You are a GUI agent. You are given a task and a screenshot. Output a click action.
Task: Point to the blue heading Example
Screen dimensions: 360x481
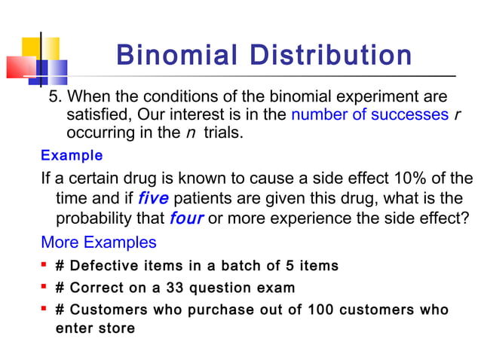pos(72,156)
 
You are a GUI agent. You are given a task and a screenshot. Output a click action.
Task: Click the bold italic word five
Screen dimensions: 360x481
pos(153,199)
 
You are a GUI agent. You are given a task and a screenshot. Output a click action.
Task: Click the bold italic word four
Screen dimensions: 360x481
pos(186,219)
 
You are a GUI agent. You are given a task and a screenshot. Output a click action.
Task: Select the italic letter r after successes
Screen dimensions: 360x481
pos(457,115)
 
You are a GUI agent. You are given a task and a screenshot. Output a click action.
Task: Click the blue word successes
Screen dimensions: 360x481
pos(414,115)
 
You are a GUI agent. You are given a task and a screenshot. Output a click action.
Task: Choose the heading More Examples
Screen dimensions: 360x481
pos(99,243)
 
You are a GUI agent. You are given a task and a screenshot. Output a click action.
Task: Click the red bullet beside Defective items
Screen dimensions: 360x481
pos(46,265)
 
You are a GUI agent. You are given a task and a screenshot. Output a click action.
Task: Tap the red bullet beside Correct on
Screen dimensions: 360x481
pos(46,287)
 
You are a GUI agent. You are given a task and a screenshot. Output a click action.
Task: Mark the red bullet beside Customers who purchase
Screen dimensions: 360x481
pos(46,310)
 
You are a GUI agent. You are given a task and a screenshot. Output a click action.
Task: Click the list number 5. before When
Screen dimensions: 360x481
pos(55,97)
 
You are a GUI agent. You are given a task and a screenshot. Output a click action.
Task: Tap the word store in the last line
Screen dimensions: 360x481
pos(117,328)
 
